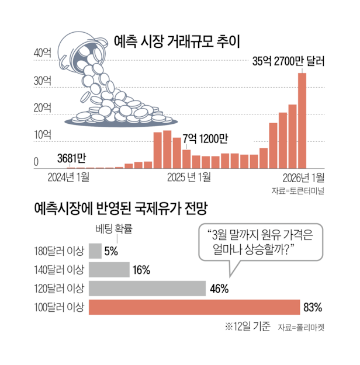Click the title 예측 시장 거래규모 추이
point(180,41)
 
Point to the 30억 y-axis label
point(43,81)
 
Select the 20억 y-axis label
point(43,109)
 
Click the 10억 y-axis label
point(43,135)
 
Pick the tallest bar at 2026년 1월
point(302,120)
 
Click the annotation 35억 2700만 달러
point(288,60)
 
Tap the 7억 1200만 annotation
point(205,139)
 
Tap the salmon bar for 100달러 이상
point(193,307)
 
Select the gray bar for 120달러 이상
point(147,288)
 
